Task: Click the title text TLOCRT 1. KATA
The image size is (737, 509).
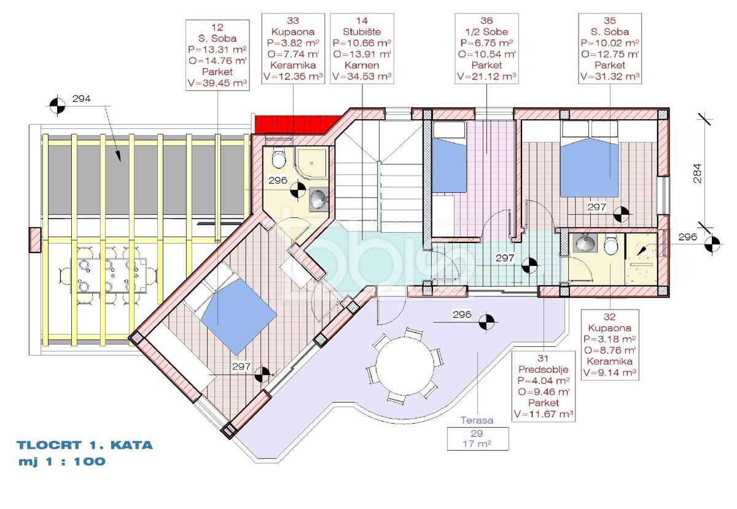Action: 85,446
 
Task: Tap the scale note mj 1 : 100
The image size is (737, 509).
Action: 62,461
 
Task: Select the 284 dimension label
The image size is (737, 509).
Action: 697,173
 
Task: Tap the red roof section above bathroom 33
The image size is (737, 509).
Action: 298,125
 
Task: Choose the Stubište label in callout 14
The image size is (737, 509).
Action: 362,32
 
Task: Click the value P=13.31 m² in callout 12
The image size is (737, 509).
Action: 217,50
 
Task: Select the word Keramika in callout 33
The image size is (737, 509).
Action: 293,65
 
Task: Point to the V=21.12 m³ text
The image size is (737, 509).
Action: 486,76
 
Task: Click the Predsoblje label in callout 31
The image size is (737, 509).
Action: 543,370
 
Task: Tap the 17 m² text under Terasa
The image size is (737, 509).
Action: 477,444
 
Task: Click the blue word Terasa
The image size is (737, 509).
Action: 477,420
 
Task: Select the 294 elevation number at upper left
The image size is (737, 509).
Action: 81,98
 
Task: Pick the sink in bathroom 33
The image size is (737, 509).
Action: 319,199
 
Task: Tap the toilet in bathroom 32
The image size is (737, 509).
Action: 611,244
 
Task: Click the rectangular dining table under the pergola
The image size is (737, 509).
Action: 108,276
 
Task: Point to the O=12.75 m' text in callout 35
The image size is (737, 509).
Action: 610,54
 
